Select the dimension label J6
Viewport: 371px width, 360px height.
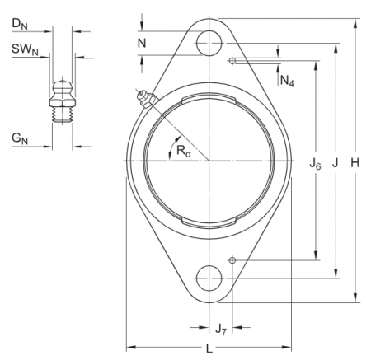[x=315, y=166]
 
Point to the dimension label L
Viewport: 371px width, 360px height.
[x=209, y=348]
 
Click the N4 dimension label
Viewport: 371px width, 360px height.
[x=286, y=81]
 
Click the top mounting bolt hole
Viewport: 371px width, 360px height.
[x=211, y=43]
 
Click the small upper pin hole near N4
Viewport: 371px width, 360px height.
[x=233, y=60]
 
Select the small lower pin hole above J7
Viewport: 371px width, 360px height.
[x=233, y=260]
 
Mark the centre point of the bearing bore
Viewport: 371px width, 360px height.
[x=211, y=160]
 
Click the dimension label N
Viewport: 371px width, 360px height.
[x=143, y=42]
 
